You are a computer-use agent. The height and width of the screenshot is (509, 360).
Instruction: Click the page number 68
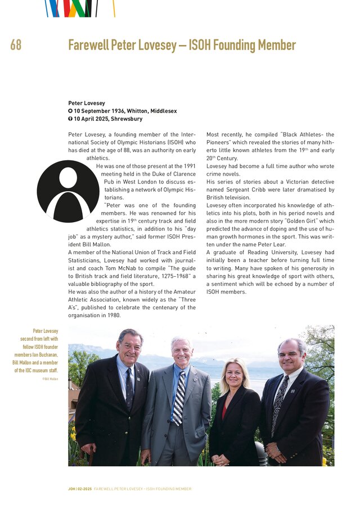coord(16,45)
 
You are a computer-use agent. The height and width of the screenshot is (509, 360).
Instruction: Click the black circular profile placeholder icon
coord(68,191)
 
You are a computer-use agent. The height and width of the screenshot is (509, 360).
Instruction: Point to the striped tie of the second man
coord(178,397)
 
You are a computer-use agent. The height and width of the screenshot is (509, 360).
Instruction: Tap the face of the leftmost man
coord(130,346)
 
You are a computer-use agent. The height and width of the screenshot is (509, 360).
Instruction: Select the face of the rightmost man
coord(292,355)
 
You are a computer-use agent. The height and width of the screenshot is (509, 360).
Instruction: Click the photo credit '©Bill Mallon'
coord(49,379)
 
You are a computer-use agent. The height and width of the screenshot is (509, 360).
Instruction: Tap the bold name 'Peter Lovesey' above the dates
coord(87,103)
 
